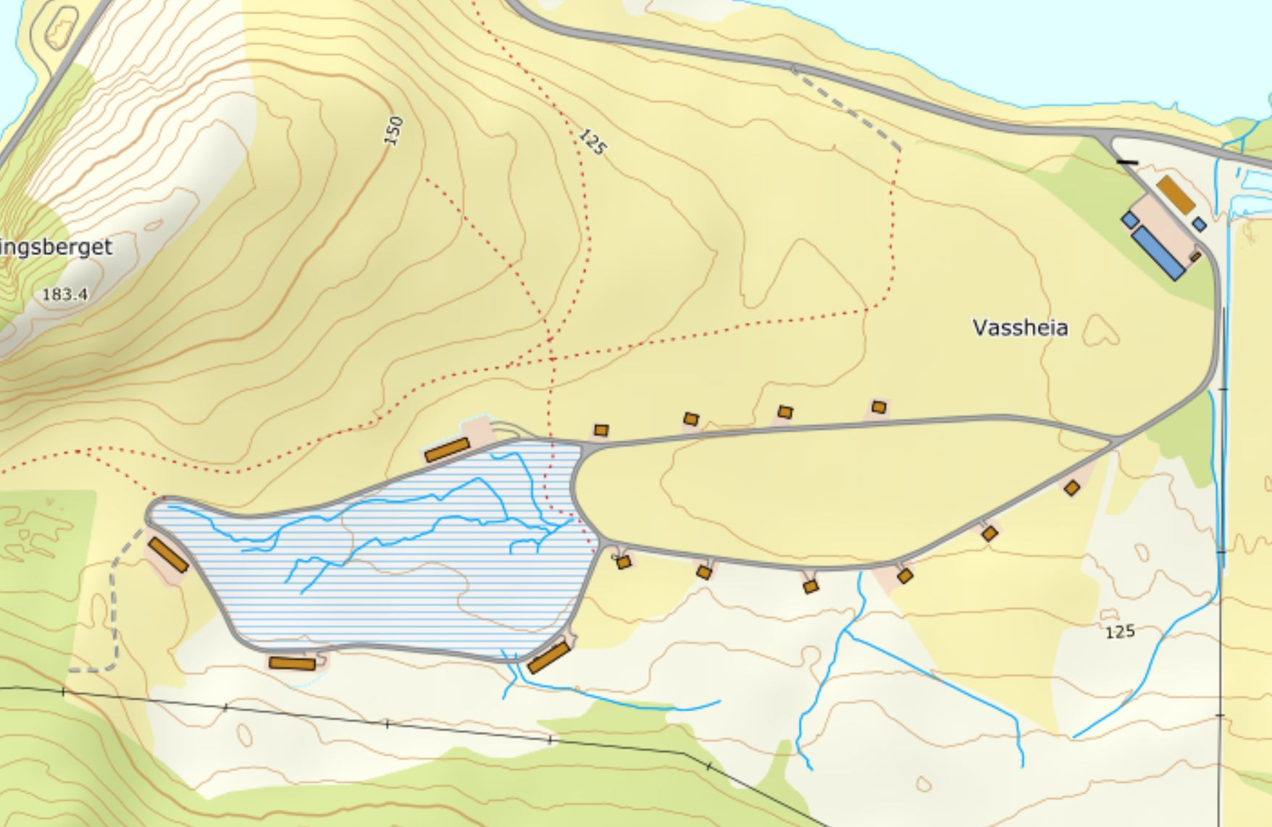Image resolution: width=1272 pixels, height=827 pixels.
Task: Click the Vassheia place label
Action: (x=1020, y=328)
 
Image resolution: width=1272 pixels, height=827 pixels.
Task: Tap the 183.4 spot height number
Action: (x=65, y=294)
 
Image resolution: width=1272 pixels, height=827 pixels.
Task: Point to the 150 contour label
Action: (x=393, y=131)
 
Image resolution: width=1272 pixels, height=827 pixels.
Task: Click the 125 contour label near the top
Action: (x=592, y=142)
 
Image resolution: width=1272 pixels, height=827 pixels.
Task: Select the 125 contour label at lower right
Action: (x=1119, y=631)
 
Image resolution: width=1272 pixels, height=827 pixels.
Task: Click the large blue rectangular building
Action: (x=1158, y=253)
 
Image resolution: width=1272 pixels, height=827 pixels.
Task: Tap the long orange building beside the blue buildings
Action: (x=1175, y=194)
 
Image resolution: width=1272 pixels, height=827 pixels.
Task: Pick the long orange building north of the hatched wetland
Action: (x=447, y=450)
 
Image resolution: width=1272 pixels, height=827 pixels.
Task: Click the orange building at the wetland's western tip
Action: (x=168, y=555)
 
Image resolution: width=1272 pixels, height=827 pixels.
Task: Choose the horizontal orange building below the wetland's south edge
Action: (x=292, y=663)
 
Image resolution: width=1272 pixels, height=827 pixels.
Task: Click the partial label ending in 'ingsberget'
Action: (x=57, y=247)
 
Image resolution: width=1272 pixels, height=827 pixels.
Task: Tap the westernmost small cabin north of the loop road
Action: (x=601, y=430)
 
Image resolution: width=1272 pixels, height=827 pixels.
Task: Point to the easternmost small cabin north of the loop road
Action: (x=879, y=407)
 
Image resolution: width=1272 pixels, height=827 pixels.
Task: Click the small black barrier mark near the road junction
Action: (x=1127, y=162)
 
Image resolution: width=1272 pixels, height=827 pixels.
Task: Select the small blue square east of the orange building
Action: (x=1200, y=224)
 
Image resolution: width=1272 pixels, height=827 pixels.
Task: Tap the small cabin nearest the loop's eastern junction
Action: (x=1071, y=488)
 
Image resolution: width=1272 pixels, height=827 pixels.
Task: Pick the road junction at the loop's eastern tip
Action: (x=1116, y=439)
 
